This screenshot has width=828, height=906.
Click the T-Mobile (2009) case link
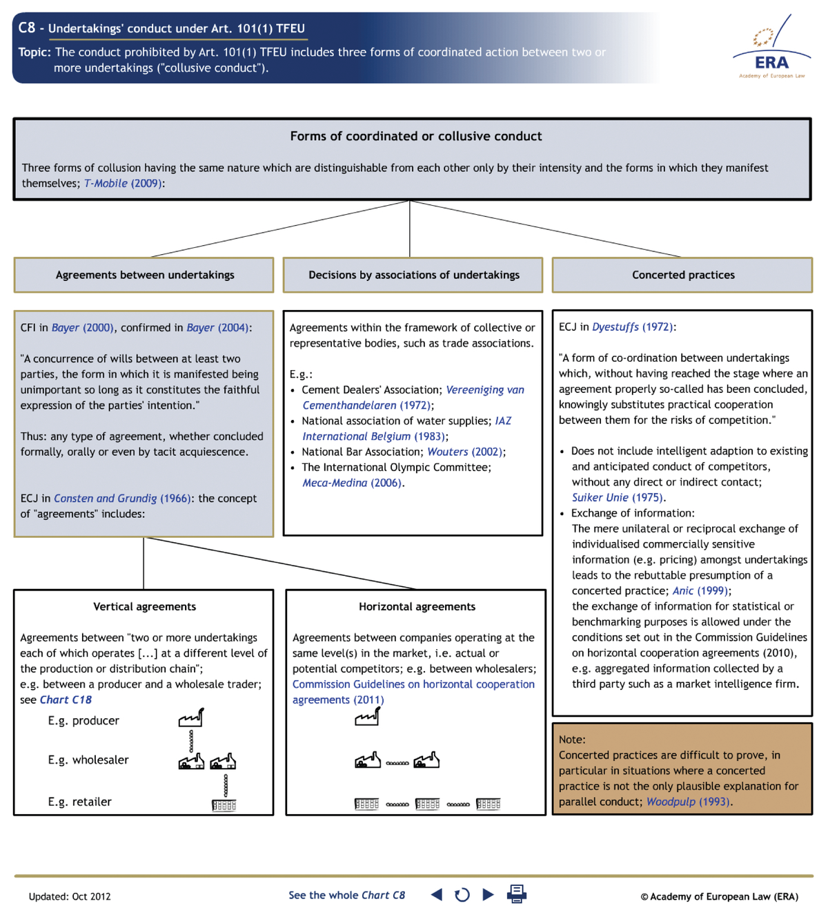(x=124, y=183)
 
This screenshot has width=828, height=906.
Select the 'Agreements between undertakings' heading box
(x=144, y=275)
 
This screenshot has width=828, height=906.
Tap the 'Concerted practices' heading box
(x=682, y=275)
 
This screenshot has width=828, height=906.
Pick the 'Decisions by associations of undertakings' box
(x=413, y=275)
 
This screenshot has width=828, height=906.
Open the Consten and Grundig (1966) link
(x=123, y=498)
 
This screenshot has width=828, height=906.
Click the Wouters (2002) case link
(x=465, y=452)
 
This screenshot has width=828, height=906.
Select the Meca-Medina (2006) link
(x=352, y=483)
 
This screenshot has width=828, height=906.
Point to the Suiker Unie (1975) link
(x=618, y=497)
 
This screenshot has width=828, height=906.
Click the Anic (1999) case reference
(x=700, y=590)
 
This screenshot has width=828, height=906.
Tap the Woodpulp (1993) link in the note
(x=687, y=802)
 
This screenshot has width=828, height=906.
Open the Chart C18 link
(x=66, y=700)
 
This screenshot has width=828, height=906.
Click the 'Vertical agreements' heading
(x=144, y=606)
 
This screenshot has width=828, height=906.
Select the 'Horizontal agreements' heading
(x=417, y=606)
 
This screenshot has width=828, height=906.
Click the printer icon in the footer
(x=516, y=894)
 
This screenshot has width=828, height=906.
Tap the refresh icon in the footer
(x=462, y=894)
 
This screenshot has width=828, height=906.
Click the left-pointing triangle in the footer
(x=437, y=894)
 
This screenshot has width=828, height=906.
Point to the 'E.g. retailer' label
(x=79, y=802)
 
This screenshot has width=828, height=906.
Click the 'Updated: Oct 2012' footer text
(x=70, y=896)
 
